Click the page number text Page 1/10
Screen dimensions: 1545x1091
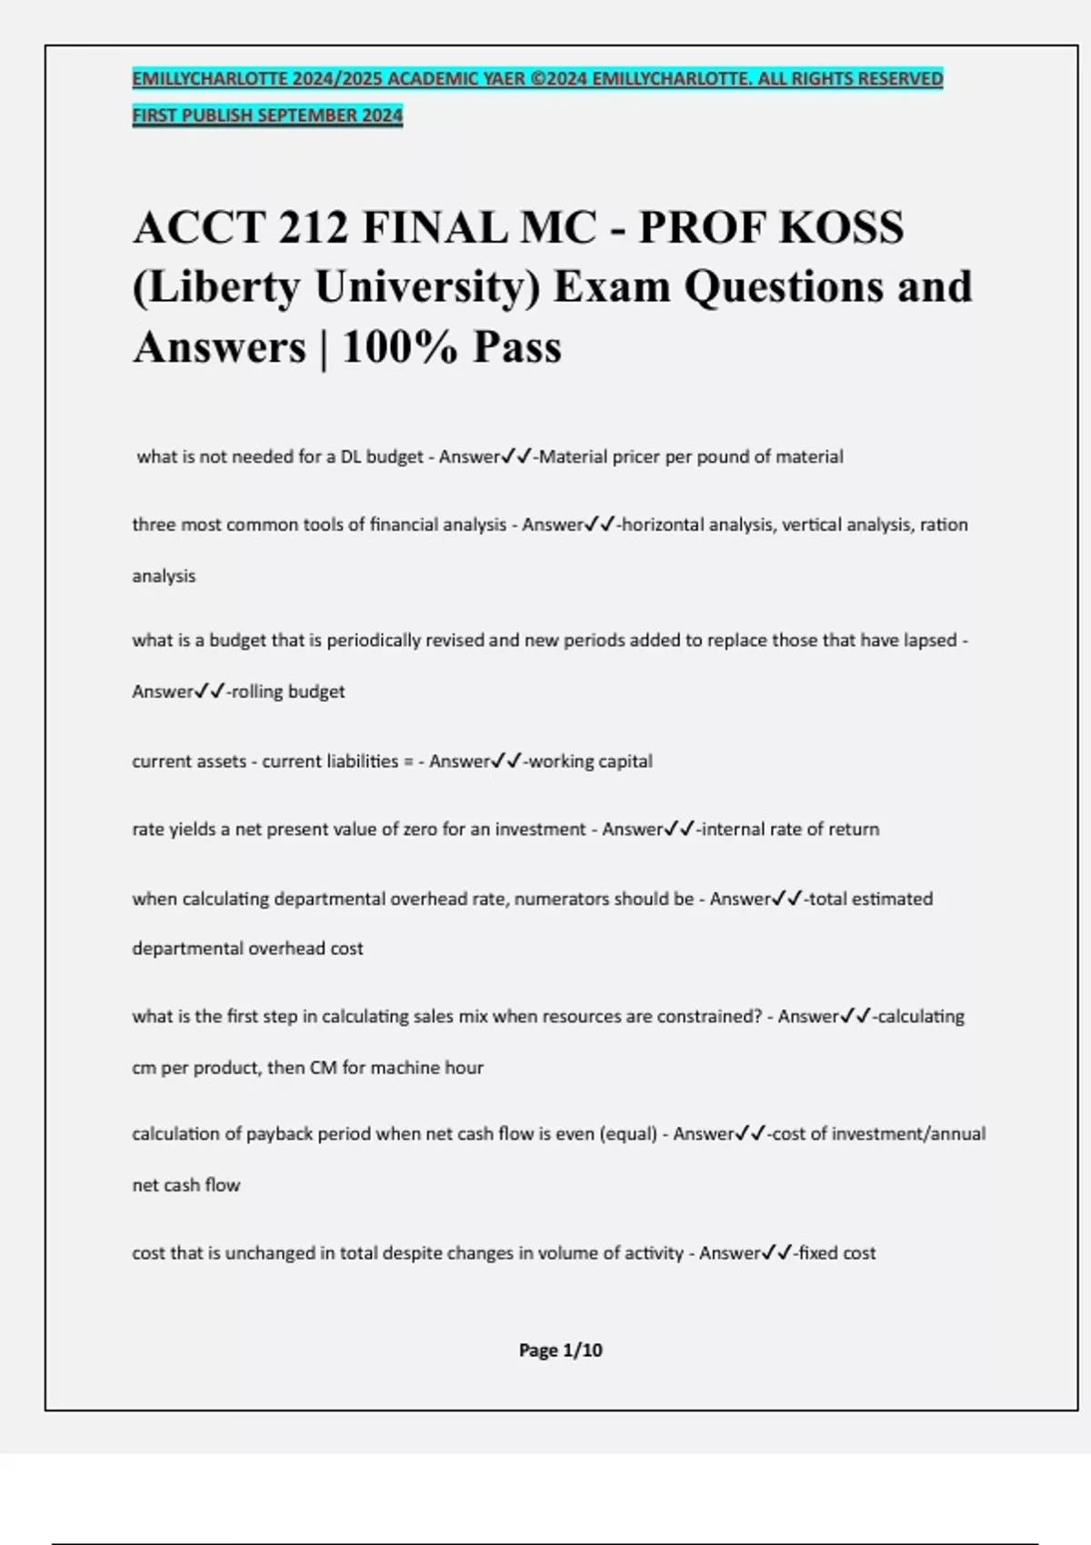point(560,1351)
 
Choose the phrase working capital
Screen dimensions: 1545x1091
point(590,762)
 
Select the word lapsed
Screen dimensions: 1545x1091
point(930,641)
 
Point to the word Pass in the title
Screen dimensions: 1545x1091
point(517,347)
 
